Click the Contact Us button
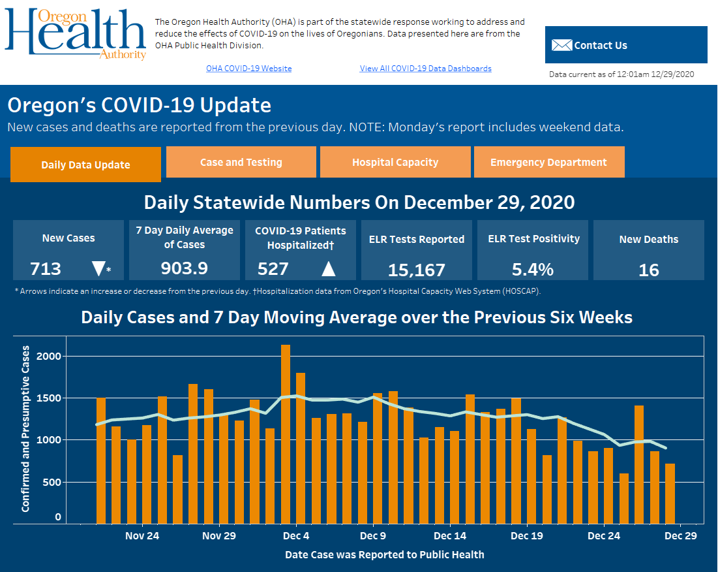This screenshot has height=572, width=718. tap(625, 45)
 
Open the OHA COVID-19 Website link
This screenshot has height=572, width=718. tap(248, 69)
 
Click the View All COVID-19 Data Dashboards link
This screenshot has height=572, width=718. tap(425, 69)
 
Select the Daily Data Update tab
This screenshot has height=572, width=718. tap(85, 165)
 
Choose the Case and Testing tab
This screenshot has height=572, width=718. tap(241, 162)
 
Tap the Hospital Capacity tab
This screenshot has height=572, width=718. tap(395, 162)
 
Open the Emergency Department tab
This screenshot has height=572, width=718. tap(548, 162)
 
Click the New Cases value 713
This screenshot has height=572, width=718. tap(46, 268)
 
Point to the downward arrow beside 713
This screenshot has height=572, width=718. tap(98, 268)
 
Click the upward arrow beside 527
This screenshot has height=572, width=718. tap(328, 268)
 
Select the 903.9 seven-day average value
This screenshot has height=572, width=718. tap(185, 268)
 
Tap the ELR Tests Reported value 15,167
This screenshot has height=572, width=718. tap(416, 270)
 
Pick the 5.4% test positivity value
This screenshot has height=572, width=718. tap(533, 269)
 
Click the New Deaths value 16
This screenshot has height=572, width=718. tap(648, 270)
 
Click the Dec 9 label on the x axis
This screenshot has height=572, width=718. tap(373, 536)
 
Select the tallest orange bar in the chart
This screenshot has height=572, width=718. tap(286, 434)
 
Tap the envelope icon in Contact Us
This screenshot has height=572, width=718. tap(561, 45)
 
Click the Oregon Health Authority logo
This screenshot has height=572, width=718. tap(75, 34)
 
